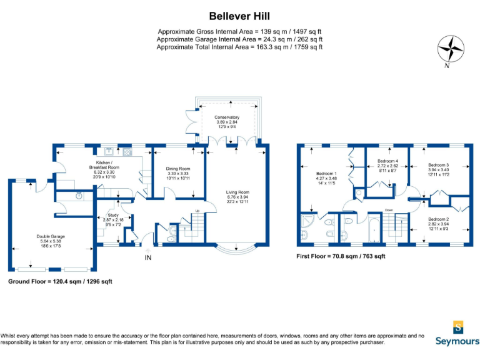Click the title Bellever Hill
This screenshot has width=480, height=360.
point(239,16)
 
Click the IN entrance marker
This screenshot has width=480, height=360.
point(148,257)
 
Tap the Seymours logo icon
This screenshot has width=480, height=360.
point(459,326)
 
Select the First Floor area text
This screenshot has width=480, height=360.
point(341,256)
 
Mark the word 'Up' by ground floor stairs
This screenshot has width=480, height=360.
point(197,211)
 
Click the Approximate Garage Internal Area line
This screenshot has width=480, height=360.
point(239,39)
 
